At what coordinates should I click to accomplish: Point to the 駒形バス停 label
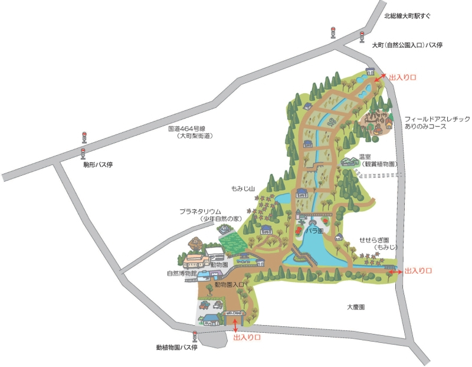(98, 165)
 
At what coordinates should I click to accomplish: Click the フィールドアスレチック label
(437, 119)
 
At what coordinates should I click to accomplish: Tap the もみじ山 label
(242, 189)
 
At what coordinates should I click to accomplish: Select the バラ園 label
(313, 231)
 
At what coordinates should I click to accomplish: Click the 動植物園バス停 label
(176, 348)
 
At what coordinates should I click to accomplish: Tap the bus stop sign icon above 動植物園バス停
(195, 335)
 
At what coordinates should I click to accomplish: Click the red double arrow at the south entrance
(237, 325)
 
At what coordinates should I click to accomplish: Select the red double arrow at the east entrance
(395, 271)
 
